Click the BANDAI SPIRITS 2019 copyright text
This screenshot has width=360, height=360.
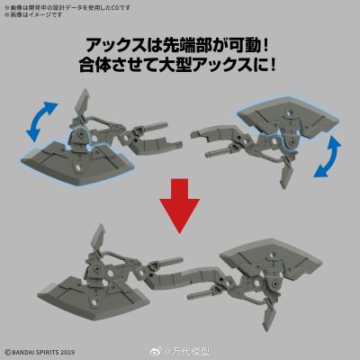pyautogui.click(x=42, y=351)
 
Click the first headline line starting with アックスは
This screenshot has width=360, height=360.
pyautogui.click(x=180, y=45)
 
